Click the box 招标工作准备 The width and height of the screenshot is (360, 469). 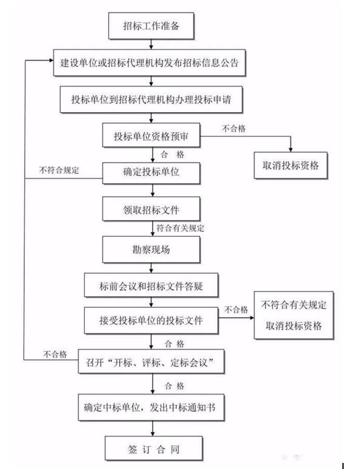(151, 25)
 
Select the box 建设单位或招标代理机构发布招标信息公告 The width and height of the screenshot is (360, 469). (149, 63)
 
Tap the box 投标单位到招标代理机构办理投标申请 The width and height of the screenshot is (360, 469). (151, 99)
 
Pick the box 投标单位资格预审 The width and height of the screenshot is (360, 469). (151, 135)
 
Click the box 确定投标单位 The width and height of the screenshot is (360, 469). (151, 173)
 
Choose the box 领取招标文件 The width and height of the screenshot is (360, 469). (151, 209)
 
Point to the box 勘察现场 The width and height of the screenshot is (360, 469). (151, 250)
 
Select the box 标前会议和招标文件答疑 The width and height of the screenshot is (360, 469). (151, 285)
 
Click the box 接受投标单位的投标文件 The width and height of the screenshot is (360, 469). (151, 321)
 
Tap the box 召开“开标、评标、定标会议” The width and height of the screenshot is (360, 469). (151, 361)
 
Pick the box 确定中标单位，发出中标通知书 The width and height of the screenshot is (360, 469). (151, 407)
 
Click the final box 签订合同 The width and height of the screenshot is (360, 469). (153, 448)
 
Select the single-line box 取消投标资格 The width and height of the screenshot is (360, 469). (290, 165)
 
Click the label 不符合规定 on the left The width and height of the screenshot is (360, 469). (59, 170)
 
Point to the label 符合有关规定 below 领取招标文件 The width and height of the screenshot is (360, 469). (181, 228)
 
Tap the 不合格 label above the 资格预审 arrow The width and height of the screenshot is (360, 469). (234, 128)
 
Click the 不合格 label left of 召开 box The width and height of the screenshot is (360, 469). (55, 354)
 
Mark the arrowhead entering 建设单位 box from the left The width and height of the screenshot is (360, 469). (51, 61)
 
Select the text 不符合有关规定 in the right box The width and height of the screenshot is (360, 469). (293, 305)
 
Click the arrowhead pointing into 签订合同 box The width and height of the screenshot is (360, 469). (153, 434)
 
